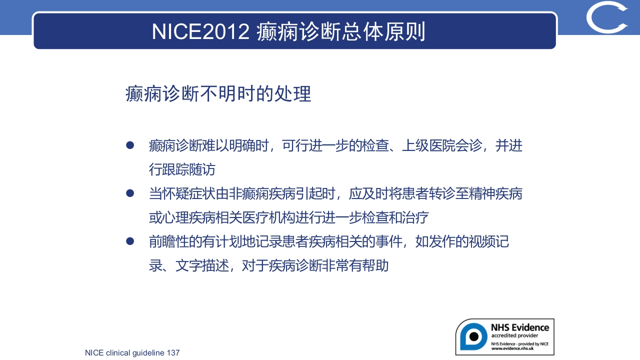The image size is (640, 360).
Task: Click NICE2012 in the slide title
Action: pyautogui.click(x=200, y=31)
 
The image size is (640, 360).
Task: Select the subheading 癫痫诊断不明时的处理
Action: pyautogui.click(x=218, y=94)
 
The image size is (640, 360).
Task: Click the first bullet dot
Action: pyautogui.click(x=130, y=145)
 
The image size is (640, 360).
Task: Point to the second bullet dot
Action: pyautogui.click(x=130, y=193)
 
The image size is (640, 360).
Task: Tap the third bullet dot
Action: pyautogui.click(x=130, y=241)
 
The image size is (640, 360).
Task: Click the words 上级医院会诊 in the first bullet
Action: pyautogui.click(x=442, y=146)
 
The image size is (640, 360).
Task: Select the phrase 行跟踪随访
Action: pyautogui.click(x=182, y=169)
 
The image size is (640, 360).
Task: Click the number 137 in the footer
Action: pyautogui.click(x=173, y=353)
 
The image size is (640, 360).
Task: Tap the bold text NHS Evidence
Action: pyautogui.click(x=519, y=327)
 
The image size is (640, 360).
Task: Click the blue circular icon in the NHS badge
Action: pyautogui.click(x=473, y=336)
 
